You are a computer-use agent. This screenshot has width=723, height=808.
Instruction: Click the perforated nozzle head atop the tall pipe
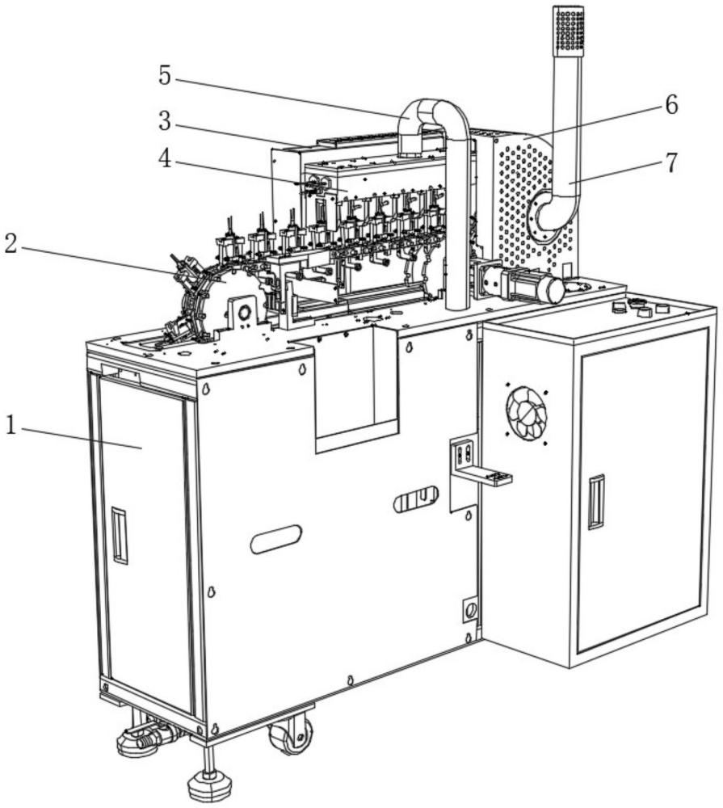(569, 31)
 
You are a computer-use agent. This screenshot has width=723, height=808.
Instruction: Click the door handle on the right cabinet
(596, 502)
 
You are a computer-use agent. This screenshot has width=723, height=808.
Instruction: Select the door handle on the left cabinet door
(119, 535)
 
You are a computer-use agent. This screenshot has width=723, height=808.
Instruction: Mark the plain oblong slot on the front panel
(275, 539)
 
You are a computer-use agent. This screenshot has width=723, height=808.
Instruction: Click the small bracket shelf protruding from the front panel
(485, 477)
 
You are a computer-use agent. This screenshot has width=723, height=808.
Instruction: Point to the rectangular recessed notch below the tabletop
(356, 388)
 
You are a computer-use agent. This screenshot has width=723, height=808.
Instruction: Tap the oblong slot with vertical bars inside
(415, 500)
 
